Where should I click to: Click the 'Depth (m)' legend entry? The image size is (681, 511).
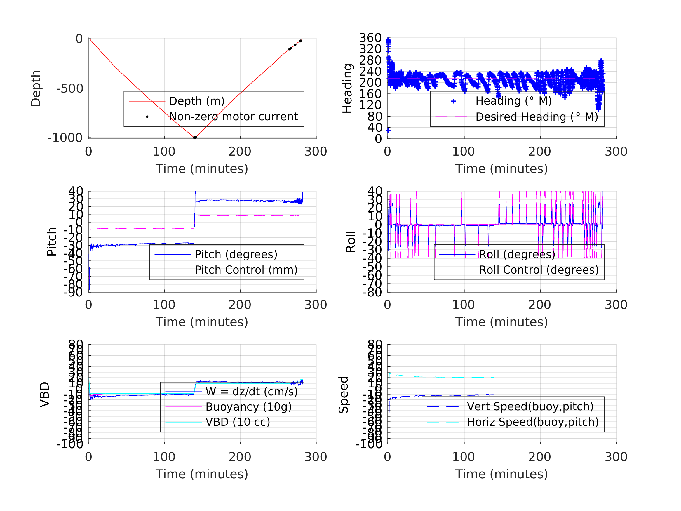[197, 101]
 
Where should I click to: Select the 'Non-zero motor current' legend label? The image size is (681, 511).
[233, 117]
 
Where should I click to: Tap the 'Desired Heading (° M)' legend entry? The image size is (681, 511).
[537, 117]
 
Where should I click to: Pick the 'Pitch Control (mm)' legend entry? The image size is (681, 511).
[246, 270]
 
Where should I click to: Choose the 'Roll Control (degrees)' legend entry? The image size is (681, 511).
[539, 270]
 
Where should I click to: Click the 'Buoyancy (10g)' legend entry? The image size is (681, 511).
[248, 407]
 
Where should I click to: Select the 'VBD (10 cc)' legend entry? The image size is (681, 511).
[238, 422]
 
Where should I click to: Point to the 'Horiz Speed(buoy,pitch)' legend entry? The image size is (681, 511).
[533, 422]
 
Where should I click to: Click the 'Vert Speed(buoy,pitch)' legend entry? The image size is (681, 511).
[530, 406]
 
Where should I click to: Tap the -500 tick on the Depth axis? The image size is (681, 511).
[70, 89]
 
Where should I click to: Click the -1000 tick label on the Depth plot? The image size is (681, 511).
[65, 138]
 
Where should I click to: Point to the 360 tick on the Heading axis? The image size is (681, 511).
[370, 38]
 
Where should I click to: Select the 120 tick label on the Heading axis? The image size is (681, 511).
[370, 105]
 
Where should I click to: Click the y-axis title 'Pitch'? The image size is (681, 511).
[52, 242]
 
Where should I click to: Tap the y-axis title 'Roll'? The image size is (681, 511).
[351, 242]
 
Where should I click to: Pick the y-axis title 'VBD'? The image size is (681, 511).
[45, 394]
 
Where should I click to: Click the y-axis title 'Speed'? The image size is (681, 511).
[344, 394]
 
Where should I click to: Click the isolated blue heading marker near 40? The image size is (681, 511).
[388, 130]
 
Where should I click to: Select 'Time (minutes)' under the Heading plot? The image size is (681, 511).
[501, 169]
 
